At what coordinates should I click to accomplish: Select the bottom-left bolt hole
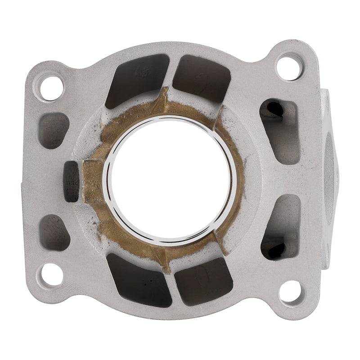point(50,275)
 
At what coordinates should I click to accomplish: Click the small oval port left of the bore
point(72,181)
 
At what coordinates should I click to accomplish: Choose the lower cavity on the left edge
point(54,232)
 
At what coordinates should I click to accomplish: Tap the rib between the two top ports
point(170,72)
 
